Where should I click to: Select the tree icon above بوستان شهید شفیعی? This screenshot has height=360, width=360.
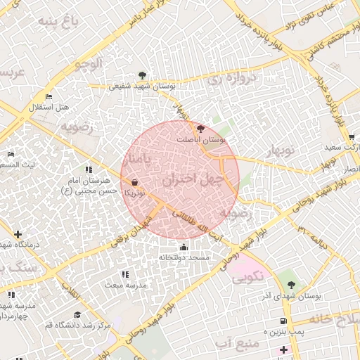[x=143, y=75]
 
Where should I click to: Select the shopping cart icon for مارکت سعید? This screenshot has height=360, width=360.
[x=352, y=137]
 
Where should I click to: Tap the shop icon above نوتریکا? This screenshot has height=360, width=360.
[x=134, y=182]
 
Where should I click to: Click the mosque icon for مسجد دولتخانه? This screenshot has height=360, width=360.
[x=184, y=247]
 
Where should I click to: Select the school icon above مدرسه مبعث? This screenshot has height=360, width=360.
[x=124, y=274]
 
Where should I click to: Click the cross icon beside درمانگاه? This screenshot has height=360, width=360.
[x=18, y=234]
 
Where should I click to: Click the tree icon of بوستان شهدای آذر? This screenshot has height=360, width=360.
[x=291, y=285]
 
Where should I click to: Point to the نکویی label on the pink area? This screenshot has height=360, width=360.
[x=247, y=276]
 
